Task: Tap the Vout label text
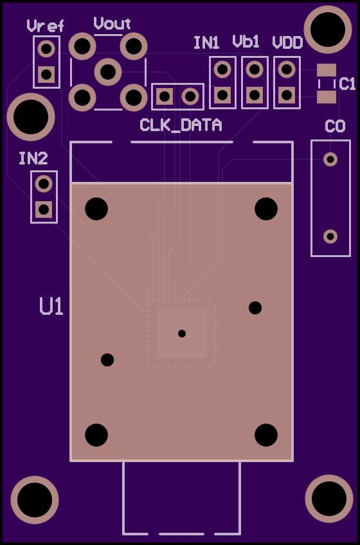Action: [x=112, y=23]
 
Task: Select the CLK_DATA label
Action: [x=181, y=125]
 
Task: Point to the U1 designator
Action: [x=51, y=306]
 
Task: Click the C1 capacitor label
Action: [x=347, y=84]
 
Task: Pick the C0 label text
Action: [x=335, y=126]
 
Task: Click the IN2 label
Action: [x=33, y=159]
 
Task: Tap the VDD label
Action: [x=287, y=43]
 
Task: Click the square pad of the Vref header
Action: [x=46, y=74]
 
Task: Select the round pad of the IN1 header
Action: [x=222, y=69]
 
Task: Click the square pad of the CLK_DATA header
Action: [x=165, y=96]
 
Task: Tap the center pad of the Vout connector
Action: [x=108, y=71]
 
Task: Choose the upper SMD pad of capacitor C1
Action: [x=327, y=70]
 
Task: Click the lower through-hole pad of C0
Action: [x=330, y=237]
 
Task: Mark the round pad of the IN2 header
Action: [x=44, y=184]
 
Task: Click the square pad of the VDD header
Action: [x=287, y=95]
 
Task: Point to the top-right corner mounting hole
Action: [x=328, y=30]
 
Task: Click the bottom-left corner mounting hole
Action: [x=35, y=500]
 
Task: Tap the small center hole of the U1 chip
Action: [x=182, y=334]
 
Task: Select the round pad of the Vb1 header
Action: [x=255, y=69]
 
